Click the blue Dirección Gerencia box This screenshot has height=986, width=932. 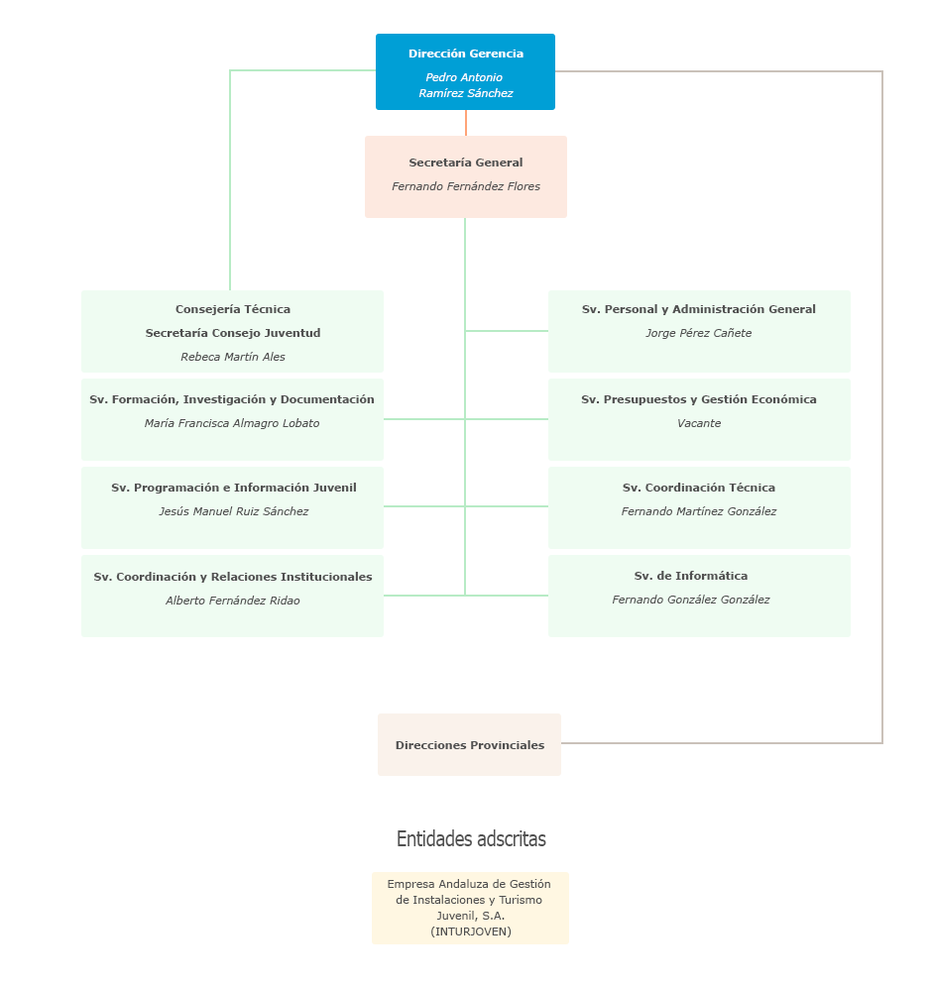coord(465,71)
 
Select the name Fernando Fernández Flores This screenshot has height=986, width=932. coord(466,186)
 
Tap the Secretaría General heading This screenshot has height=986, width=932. coord(466,163)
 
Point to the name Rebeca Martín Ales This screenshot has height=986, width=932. coord(233,357)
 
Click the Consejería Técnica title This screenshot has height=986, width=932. coord(233,309)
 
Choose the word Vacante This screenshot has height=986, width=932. coord(699,423)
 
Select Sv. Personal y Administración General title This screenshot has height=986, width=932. coord(699,309)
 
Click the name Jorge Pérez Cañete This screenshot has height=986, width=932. coord(699,333)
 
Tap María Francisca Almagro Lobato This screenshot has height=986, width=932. coord(232,423)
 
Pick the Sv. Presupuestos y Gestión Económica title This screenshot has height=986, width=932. coord(699,399)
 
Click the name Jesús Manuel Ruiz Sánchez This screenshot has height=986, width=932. coord(233,511)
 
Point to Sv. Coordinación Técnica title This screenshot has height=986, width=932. coord(699,488)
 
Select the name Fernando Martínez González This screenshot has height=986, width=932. coord(699,511)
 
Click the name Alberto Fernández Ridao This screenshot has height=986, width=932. coord(233,601)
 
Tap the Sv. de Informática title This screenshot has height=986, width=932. coord(691,576)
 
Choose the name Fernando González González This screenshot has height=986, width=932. coord(691,600)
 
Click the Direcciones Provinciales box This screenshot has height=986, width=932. coord(469,744)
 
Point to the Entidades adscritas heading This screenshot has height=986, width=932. coord(471,839)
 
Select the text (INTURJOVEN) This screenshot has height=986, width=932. coord(471,931)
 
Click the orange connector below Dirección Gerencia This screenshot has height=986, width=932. coord(466,123)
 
